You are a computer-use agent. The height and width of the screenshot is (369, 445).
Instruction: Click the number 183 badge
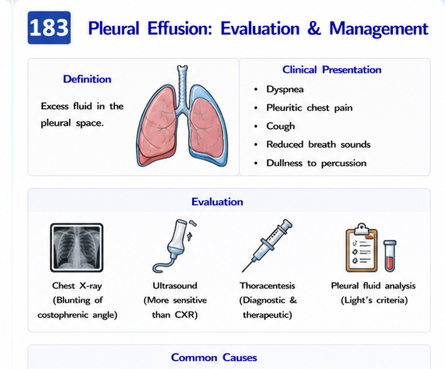point(49,28)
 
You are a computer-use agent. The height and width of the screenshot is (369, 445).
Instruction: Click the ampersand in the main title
point(314,28)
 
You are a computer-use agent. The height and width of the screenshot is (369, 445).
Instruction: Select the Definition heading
point(87,79)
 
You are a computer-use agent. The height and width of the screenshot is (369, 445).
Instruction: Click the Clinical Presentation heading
point(332,69)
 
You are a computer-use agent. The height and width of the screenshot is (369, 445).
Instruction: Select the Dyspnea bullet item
point(285,89)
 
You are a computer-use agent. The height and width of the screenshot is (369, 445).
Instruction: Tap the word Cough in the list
point(280,126)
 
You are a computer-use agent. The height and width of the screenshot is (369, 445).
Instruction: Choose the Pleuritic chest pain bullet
point(309,108)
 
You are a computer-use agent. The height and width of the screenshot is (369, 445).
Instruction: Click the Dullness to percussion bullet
point(316,163)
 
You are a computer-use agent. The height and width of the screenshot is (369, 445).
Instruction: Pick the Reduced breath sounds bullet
point(318,145)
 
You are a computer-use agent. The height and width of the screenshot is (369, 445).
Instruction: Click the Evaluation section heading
point(217,202)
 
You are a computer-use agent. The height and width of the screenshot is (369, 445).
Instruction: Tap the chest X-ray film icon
point(77,248)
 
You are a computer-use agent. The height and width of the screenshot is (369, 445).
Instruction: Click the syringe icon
point(267,245)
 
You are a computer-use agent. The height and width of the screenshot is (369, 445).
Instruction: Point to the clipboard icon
point(361,248)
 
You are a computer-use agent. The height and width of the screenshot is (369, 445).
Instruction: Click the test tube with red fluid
point(390,255)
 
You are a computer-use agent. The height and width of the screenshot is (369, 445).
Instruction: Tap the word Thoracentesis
point(268,285)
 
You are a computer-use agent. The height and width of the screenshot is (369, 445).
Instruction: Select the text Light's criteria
point(374,300)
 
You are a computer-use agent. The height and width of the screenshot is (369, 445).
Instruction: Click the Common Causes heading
point(214,357)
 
